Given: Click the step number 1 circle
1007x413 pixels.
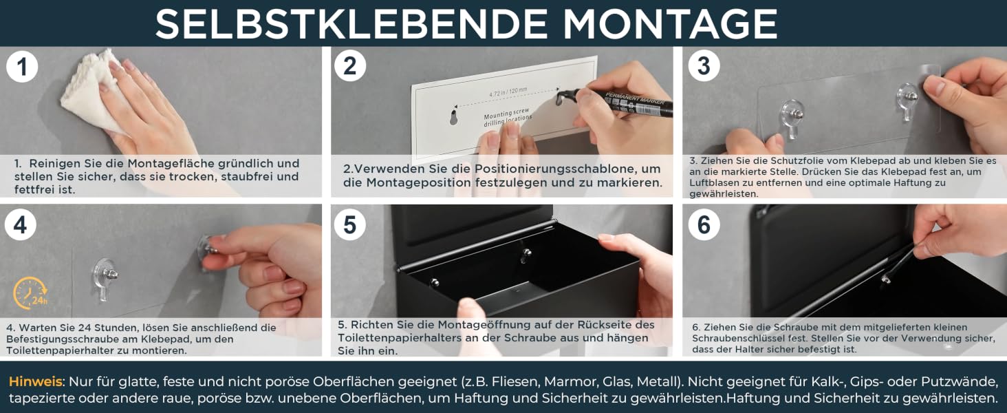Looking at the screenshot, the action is click(x=21, y=67).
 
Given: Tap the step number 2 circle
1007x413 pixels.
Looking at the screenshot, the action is click(x=349, y=65).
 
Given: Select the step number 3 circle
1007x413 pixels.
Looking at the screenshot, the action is click(x=704, y=65).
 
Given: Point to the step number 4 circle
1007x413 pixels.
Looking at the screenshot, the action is click(x=20, y=224).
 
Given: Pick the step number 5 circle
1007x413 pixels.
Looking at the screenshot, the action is click(x=349, y=224).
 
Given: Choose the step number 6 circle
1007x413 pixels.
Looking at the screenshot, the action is click(x=704, y=224).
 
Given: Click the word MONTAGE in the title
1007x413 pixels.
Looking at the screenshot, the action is click(x=670, y=23).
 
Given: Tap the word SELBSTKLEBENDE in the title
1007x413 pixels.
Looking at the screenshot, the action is click(x=351, y=23).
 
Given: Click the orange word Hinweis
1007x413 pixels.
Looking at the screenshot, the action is click(x=36, y=381).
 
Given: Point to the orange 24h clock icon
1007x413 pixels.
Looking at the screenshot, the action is click(x=30, y=293).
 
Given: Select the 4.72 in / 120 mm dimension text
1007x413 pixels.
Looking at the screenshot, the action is click(x=508, y=92).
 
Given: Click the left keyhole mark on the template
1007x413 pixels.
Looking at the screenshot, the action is click(x=453, y=118).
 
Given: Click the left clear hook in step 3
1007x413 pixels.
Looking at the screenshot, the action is click(x=792, y=118).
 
